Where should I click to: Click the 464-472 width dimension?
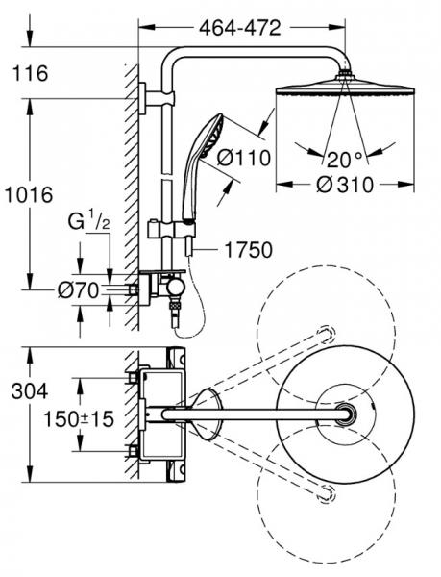[240, 28]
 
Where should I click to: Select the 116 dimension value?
[30, 73]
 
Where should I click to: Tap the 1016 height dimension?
[28, 194]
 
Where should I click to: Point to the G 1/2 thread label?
[88, 221]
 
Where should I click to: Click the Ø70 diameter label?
[78, 290]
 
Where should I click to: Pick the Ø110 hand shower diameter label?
[244, 158]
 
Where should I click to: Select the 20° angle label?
[344, 160]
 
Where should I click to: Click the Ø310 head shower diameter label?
[345, 184]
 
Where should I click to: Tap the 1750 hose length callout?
[249, 250]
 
